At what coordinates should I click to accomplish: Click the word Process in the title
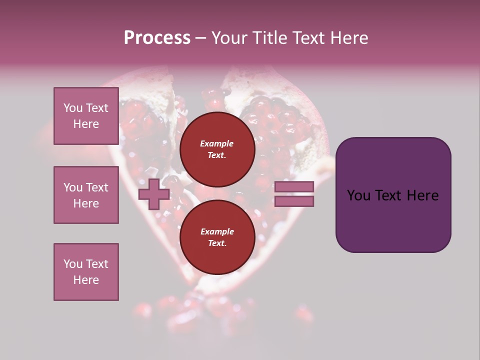[x=157, y=38]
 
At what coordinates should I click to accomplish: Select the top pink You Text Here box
[x=86, y=116]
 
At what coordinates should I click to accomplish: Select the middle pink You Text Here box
[x=86, y=195]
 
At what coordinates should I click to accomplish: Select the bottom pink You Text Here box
[x=86, y=272]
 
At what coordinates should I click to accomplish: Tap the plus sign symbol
[x=153, y=194]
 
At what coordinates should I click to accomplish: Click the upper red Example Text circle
[x=217, y=149]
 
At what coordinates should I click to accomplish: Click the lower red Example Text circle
[x=217, y=237]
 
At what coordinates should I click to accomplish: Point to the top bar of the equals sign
[x=294, y=187]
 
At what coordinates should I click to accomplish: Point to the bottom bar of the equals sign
[x=294, y=201]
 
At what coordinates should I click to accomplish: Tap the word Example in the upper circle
[x=217, y=143]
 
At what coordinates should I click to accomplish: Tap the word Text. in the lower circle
[x=217, y=243]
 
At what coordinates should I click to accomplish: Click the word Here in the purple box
[x=422, y=195]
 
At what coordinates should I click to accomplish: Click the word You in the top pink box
[x=73, y=108]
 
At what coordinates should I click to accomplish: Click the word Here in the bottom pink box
[x=86, y=280]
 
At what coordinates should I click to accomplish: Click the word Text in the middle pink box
[x=96, y=187]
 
